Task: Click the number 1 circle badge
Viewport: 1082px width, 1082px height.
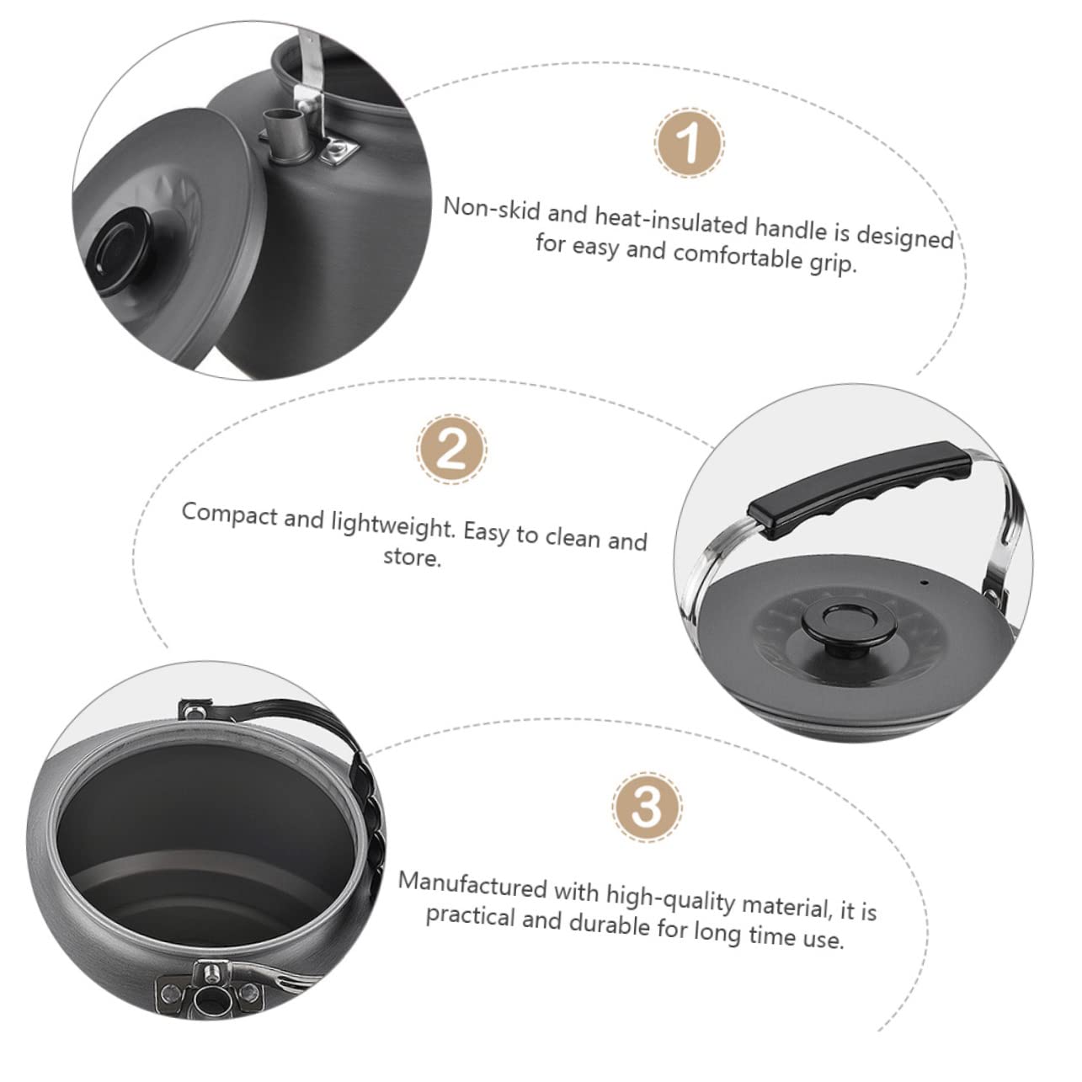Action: click(x=689, y=142)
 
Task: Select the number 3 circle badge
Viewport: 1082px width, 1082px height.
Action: click(x=647, y=808)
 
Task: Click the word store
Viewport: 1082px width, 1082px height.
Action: click(x=412, y=557)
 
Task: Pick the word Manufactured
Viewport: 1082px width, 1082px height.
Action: click(x=473, y=887)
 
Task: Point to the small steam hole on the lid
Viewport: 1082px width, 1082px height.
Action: click(x=924, y=582)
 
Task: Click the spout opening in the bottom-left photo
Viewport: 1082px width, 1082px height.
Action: click(x=205, y=1003)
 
